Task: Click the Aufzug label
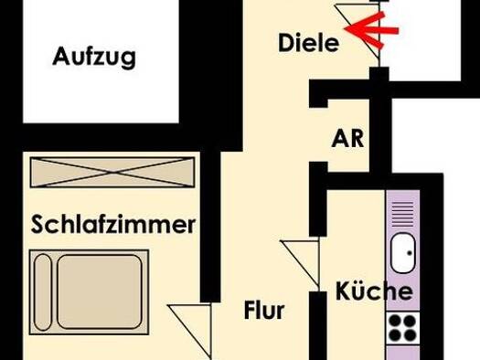[x=94, y=58]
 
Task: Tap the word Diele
[x=309, y=43]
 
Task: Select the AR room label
[x=347, y=139]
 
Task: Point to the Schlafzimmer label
[x=113, y=225]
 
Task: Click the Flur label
[x=264, y=310]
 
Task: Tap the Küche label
[x=374, y=291]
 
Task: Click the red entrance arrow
[x=371, y=30]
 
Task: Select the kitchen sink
[x=403, y=253]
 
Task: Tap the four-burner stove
[x=402, y=328]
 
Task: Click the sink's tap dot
[x=410, y=253]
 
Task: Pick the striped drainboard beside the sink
[x=402, y=214]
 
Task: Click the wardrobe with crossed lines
[x=112, y=172]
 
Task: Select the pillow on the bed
[x=43, y=292]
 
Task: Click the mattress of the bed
[x=100, y=292]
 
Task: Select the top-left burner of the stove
[x=395, y=321]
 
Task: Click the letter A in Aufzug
[x=59, y=56]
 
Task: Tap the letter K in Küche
[x=342, y=291]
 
